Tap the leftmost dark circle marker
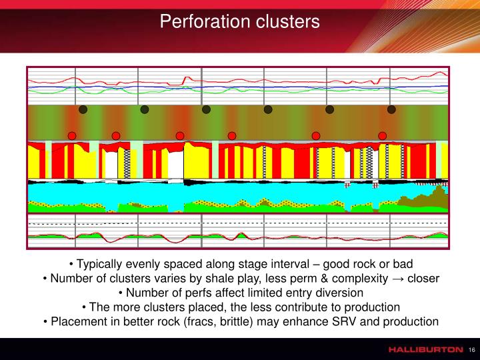(83, 109)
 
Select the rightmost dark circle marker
(391, 109)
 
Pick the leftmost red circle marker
(72, 136)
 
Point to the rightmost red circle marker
(383, 136)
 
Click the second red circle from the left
(116, 136)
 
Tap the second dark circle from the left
(145, 109)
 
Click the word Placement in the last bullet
(79, 322)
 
